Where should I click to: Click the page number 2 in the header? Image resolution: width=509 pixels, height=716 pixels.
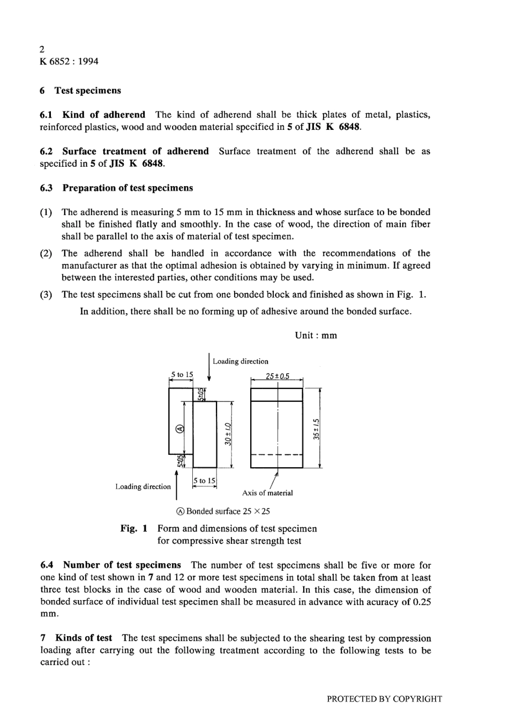pyautogui.click(x=42, y=49)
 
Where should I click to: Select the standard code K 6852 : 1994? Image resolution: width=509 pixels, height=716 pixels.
pyautogui.click(x=69, y=61)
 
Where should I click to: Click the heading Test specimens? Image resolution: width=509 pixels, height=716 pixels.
pyautogui.click(x=87, y=91)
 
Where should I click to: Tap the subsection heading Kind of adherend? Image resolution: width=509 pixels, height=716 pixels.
pyautogui.click(x=103, y=115)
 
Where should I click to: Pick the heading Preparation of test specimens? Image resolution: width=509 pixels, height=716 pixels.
pyautogui.click(x=128, y=188)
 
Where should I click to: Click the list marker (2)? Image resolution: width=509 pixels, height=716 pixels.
pyautogui.click(x=47, y=253)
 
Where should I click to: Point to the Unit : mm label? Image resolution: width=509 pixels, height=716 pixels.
pyautogui.click(x=316, y=336)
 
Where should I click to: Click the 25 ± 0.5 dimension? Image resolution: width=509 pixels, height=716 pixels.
pyautogui.click(x=277, y=376)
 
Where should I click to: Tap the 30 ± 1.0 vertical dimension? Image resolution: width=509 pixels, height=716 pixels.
pyautogui.click(x=227, y=434)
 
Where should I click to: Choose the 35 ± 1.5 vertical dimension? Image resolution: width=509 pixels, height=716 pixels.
pyautogui.click(x=316, y=429)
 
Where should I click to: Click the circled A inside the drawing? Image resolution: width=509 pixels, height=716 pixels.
pyautogui.click(x=179, y=429)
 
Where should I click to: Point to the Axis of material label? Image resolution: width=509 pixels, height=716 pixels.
pyautogui.click(x=267, y=493)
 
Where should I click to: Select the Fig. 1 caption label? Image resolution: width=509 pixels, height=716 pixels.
pyautogui.click(x=134, y=529)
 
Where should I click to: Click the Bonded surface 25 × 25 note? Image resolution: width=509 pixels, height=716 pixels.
pyautogui.click(x=228, y=511)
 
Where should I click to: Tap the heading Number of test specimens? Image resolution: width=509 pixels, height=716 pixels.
pyautogui.click(x=122, y=565)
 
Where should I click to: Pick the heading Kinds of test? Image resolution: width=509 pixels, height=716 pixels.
pyautogui.click(x=84, y=638)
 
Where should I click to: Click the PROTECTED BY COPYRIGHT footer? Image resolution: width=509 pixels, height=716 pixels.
pyautogui.click(x=384, y=699)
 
